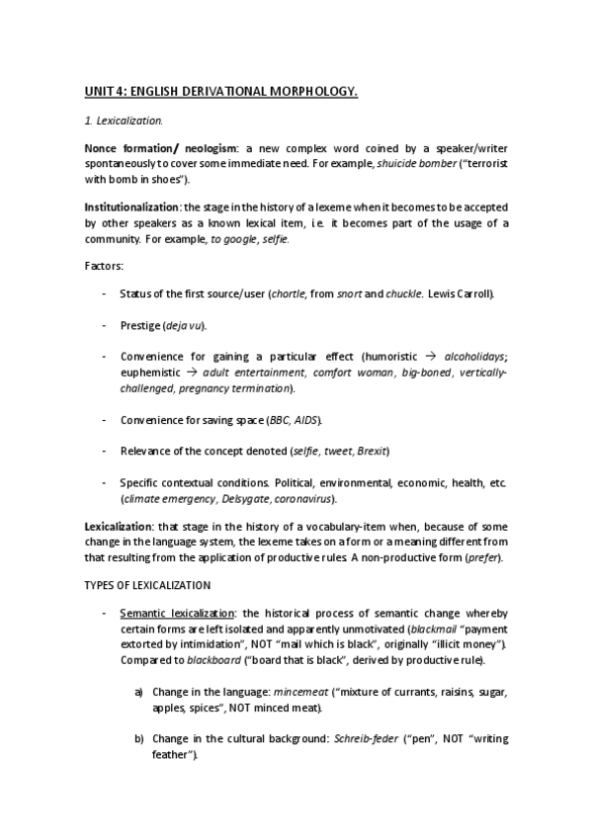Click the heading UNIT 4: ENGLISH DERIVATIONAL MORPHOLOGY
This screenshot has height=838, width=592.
click(x=220, y=92)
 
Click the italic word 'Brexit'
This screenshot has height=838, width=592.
click(x=368, y=451)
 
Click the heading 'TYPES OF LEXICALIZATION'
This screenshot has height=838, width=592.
click(x=147, y=586)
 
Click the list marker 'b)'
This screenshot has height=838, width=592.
click(x=139, y=738)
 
